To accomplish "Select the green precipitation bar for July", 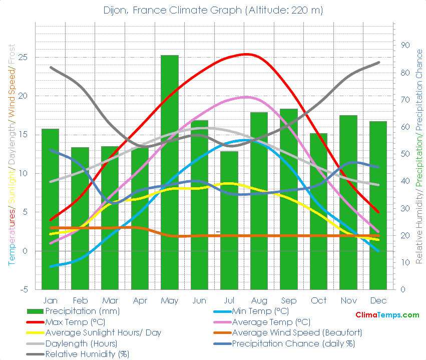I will [x=229, y=220].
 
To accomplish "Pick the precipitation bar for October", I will [x=318, y=211].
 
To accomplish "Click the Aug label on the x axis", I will [x=259, y=300].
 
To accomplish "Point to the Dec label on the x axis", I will [x=378, y=300].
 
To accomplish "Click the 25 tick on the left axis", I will [x=23, y=57].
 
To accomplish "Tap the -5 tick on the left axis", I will [x=23, y=289].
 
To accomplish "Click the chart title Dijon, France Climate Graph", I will [x=213, y=10].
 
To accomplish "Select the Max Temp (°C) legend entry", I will [x=75, y=322].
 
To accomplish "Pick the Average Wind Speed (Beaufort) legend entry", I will [x=297, y=333].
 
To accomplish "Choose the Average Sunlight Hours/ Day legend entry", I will [x=103, y=333].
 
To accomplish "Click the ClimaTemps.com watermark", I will [x=387, y=315].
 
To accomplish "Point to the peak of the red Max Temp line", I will [x=246, y=54].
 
